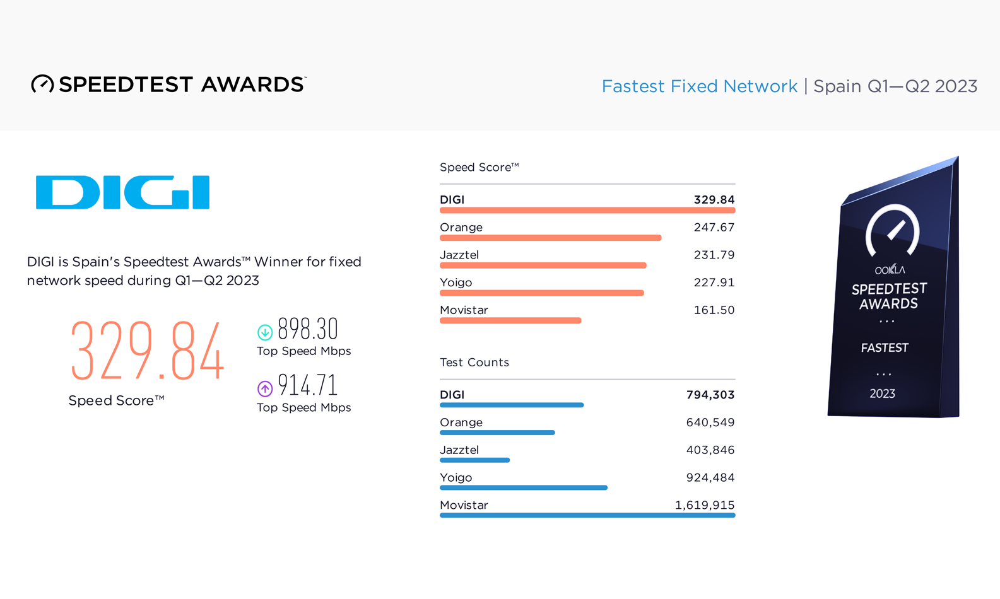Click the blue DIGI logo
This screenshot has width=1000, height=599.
[x=122, y=192]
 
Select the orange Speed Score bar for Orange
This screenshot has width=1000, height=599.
[x=550, y=238]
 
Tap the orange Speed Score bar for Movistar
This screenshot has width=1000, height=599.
[x=510, y=321]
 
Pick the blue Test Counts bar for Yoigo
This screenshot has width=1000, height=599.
[x=524, y=488]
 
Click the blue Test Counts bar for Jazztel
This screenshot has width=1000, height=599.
[x=474, y=460]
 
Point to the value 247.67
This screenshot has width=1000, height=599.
[x=714, y=228]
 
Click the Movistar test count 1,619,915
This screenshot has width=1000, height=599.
[x=705, y=505]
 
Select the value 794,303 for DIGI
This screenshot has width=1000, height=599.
[x=710, y=395]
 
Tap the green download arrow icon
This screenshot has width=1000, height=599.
[x=265, y=332]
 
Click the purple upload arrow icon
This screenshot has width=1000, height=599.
[x=265, y=388]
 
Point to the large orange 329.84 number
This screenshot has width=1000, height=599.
[x=148, y=351]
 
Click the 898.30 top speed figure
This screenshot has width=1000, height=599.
[x=308, y=329]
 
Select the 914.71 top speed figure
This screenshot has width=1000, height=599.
[x=308, y=385]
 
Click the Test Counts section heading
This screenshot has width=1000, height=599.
[x=474, y=362]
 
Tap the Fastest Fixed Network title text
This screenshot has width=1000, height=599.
[x=700, y=86]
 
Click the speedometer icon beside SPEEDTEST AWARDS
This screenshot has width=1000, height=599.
[x=42, y=84]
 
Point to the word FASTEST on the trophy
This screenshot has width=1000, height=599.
[x=885, y=347]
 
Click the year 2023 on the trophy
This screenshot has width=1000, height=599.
[x=882, y=393]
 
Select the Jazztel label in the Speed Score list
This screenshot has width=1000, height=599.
[x=459, y=255]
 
